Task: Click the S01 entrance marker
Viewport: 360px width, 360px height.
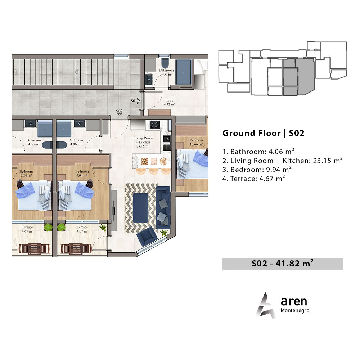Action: (x=135, y=100)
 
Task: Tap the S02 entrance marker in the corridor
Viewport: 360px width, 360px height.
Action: (x=120, y=112)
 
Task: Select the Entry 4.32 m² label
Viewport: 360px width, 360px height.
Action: (x=169, y=102)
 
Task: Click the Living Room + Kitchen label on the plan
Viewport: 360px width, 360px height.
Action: (x=143, y=142)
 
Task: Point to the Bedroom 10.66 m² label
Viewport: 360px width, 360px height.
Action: (x=196, y=142)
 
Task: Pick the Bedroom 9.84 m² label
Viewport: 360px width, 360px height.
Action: (x=26, y=174)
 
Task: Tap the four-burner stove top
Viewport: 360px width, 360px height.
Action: (x=154, y=125)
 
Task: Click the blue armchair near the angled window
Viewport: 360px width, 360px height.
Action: (x=147, y=236)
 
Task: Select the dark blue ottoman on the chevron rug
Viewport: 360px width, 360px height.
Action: (x=140, y=208)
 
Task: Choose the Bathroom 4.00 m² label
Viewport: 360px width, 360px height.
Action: (x=166, y=72)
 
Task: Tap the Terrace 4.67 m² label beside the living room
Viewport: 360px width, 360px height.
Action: (x=82, y=229)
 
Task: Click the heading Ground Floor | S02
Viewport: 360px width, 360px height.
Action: (x=264, y=133)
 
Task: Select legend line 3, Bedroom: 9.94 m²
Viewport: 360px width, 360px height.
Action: (x=257, y=170)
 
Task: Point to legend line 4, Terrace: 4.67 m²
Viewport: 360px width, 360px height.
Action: (x=254, y=179)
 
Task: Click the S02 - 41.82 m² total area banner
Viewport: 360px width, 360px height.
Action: (x=282, y=264)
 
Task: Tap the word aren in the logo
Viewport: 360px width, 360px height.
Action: (x=294, y=301)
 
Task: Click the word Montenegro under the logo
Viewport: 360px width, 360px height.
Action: (x=295, y=310)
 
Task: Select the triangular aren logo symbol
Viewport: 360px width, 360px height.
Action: (x=266, y=305)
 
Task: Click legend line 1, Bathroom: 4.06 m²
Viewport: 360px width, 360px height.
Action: (x=258, y=152)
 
